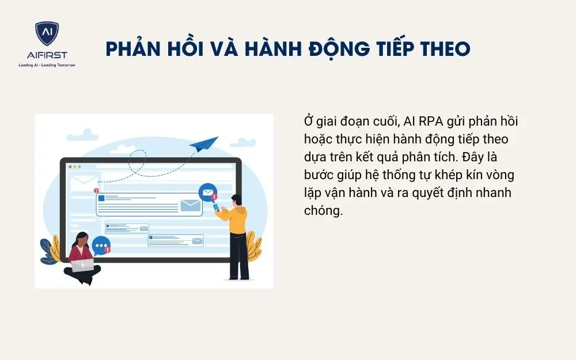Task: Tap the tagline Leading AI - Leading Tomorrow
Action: click(x=47, y=65)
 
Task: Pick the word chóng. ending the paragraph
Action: click(x=323, y=211)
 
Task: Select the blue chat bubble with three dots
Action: click(x=101, y=246)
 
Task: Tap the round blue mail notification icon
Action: click(x=206, y=192)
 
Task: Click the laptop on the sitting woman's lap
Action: click(x=82, y=265)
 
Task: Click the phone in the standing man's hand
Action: click(x=216, y=207)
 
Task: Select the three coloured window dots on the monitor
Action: click(x=75, y=166)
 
